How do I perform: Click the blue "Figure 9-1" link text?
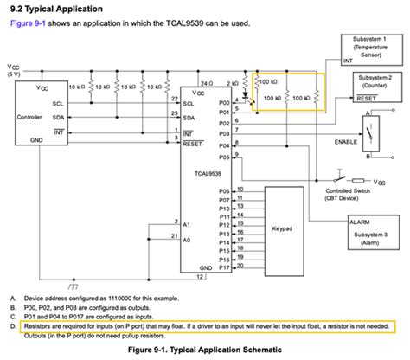[26, 22]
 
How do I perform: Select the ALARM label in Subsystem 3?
[359, 222]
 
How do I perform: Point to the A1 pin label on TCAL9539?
[188, 222]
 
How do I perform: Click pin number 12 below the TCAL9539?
[201, 277]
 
